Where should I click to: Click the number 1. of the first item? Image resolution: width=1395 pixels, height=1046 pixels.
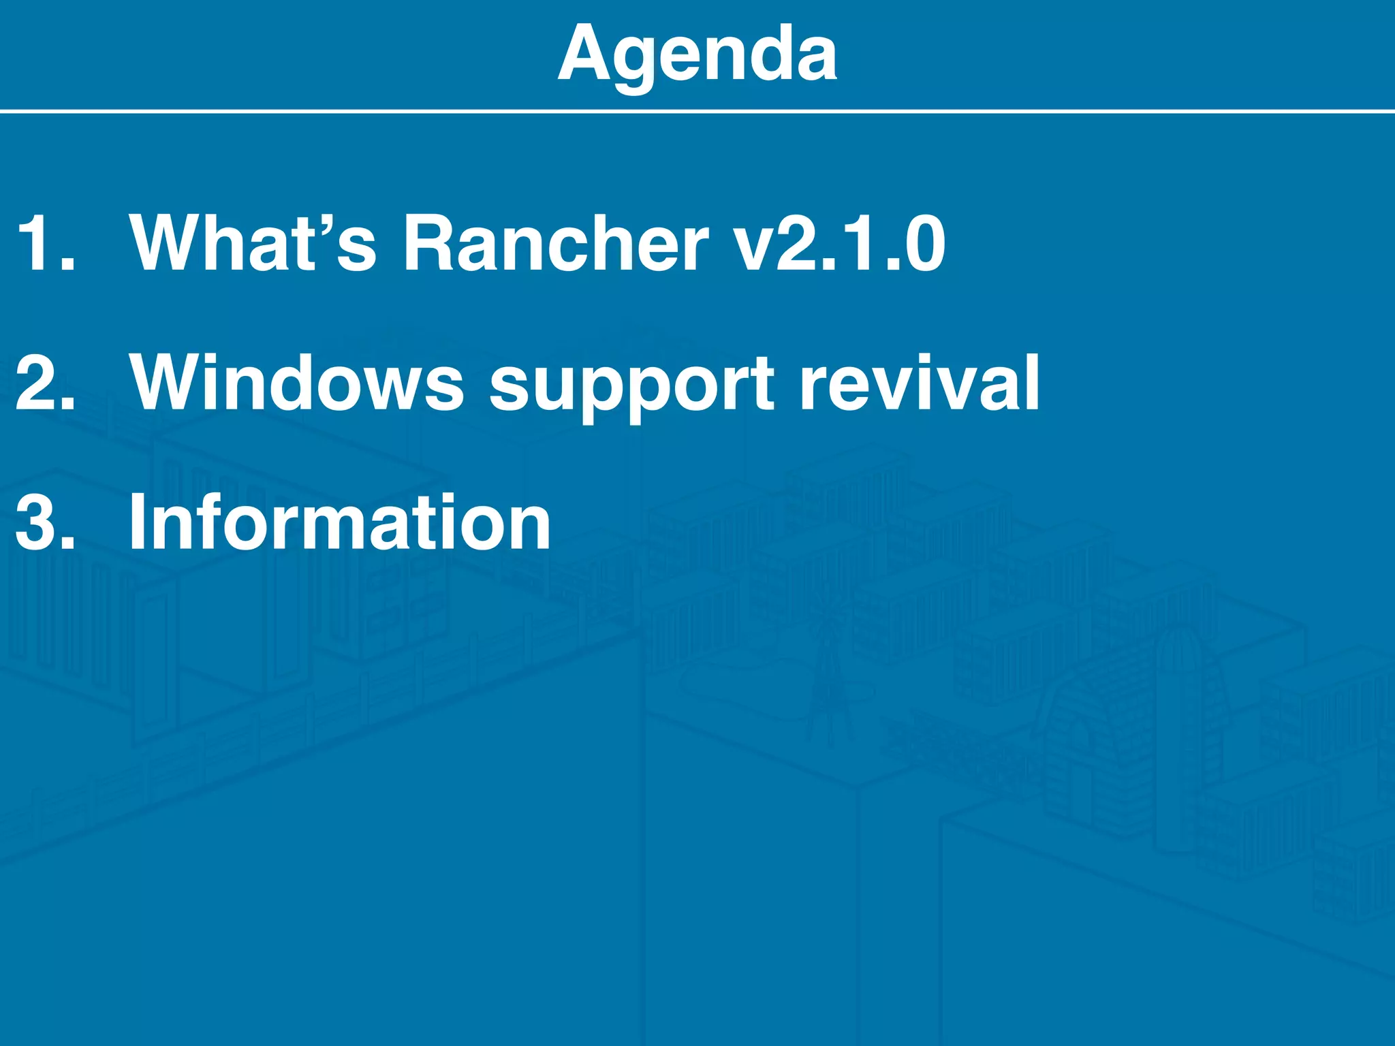[44, 244]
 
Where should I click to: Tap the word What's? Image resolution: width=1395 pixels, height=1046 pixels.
[253, 244]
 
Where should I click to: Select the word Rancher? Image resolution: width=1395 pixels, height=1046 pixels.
[555, 244]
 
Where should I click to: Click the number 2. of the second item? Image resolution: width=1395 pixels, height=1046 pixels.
[44, 383]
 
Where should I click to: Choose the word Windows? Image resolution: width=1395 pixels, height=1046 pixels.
[297, 383]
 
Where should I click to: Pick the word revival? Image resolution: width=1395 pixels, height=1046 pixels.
[920, 383]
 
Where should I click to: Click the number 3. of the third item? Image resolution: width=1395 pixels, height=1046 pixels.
[44, 523]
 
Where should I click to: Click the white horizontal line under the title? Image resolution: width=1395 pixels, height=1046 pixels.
[697, 110]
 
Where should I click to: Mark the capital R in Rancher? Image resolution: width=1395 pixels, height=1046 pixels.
[432, 244]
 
